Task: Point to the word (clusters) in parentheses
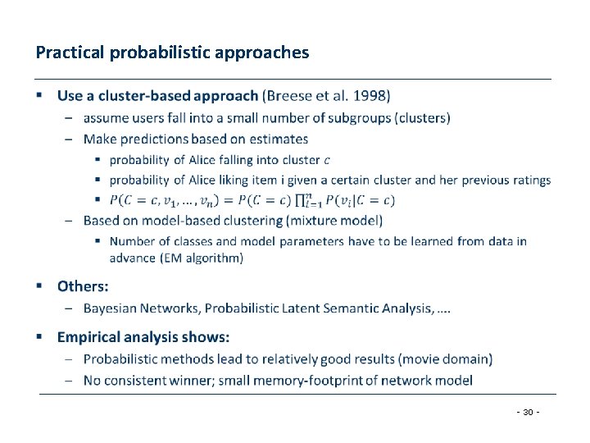[423, 117]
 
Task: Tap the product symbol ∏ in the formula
[302, 200]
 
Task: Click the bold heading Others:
[82, 286]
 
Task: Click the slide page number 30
[529, 412]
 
